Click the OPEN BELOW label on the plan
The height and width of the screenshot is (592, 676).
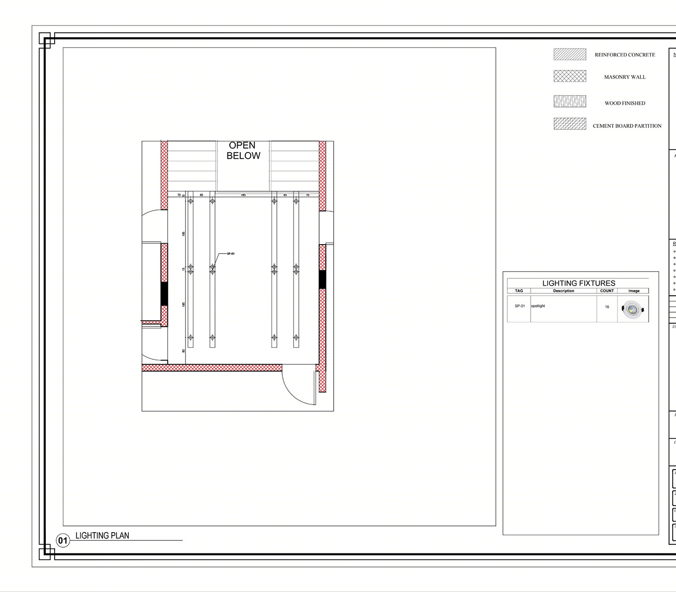click(243, 151)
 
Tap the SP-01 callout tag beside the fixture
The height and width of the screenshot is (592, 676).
click(231, 254)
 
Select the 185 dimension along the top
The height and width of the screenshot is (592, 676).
click(243, 195)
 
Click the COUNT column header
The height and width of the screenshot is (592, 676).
click(607, 291)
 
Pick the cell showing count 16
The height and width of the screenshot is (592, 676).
click(607, 307)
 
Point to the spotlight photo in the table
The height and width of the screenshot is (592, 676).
click(633, 309)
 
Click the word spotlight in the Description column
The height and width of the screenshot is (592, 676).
click(538, 306)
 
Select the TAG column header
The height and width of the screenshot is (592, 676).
click(519, 291)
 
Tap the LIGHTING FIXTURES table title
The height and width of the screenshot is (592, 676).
click(578, 283)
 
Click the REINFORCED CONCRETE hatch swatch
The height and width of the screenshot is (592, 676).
click(570, 55)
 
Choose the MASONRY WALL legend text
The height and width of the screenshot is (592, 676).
click(625, 77)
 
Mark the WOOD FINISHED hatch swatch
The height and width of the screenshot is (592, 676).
click(570, 101)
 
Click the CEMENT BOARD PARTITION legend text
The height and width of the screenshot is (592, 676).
click(627, 126)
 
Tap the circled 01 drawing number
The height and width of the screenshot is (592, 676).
click(63, 540)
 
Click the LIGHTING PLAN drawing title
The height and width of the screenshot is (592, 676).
click(102, 536)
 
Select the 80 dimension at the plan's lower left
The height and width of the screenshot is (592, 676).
click(183, 351)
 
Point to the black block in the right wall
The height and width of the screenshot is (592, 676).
click(322, 279)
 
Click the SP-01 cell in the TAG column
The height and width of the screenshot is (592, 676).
click(520, 306)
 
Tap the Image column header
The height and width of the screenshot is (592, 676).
click(634, 291)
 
